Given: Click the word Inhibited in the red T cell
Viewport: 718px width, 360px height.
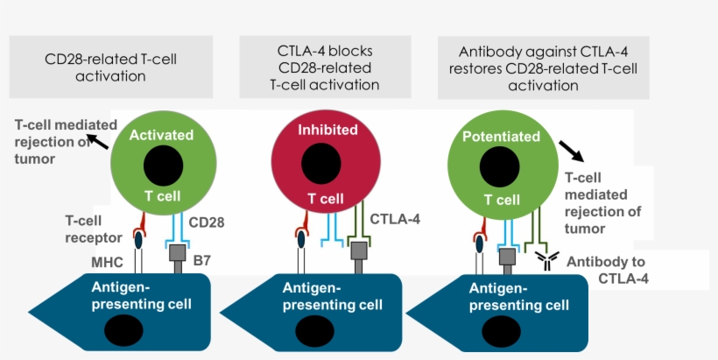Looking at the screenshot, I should (327, 130).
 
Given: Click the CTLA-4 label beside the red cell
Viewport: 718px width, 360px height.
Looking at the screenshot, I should (396, 219).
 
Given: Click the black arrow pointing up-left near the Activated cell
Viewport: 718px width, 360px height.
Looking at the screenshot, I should (99, 140).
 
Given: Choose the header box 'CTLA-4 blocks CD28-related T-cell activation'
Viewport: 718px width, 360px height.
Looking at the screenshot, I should (324, 67).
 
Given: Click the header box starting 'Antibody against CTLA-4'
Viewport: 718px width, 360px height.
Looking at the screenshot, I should (544, 67).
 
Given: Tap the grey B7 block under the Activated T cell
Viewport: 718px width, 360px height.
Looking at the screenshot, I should (179, 255).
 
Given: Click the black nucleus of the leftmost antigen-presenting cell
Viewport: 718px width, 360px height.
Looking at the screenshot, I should (122, 331).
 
